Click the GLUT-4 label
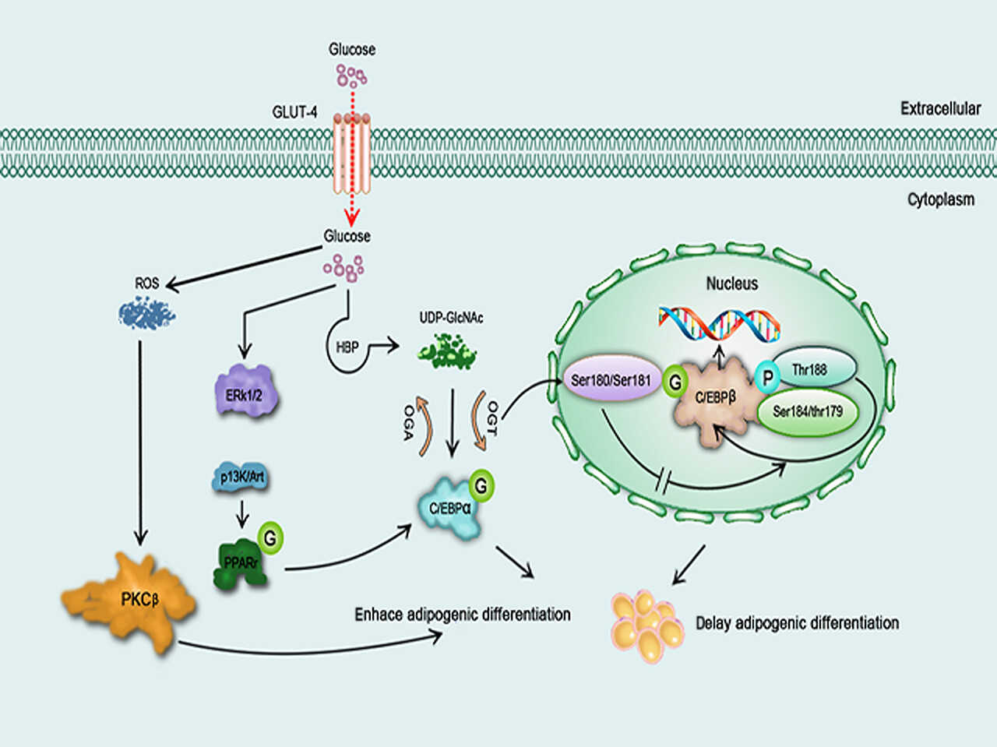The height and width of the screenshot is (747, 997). coord(294,112)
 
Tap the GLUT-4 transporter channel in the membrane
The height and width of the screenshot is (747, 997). coord(352,153)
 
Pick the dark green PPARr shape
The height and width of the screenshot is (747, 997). coord(240,565)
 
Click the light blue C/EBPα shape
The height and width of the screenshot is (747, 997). coord(450,508)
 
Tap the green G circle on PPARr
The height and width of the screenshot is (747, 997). coord(271,538)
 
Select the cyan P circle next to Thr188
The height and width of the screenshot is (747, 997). coord(768,377)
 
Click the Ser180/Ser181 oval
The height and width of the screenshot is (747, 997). coord(611,379)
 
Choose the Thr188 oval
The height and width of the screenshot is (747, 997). coord(814,368)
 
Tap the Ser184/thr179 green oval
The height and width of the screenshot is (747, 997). coord(808,412)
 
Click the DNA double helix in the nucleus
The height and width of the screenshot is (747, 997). coord(720,324)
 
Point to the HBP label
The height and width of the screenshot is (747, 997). coord(347,347)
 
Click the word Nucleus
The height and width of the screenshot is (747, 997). coord(731,284)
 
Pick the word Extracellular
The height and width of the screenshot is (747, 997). coord(941,108)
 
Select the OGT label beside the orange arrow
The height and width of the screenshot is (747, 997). coord(493,418)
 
